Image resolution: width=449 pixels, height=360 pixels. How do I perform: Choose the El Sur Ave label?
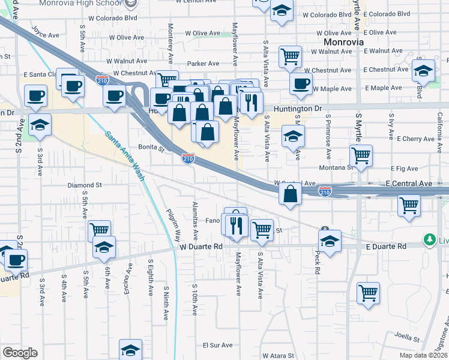pos(217,345)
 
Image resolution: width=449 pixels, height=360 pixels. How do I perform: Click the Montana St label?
pos(334,168)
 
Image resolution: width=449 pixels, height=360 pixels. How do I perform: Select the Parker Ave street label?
pos(203,63)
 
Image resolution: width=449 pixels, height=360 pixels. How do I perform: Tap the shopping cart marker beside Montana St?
pos(361,155)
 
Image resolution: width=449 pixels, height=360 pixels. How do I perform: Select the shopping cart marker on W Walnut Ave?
pos(290,56)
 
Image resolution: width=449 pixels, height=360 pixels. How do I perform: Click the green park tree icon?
pos(429,241)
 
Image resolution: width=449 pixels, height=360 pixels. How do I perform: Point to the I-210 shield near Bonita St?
pos(188,159)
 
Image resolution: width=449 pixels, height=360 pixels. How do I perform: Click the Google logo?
pos(19,353)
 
